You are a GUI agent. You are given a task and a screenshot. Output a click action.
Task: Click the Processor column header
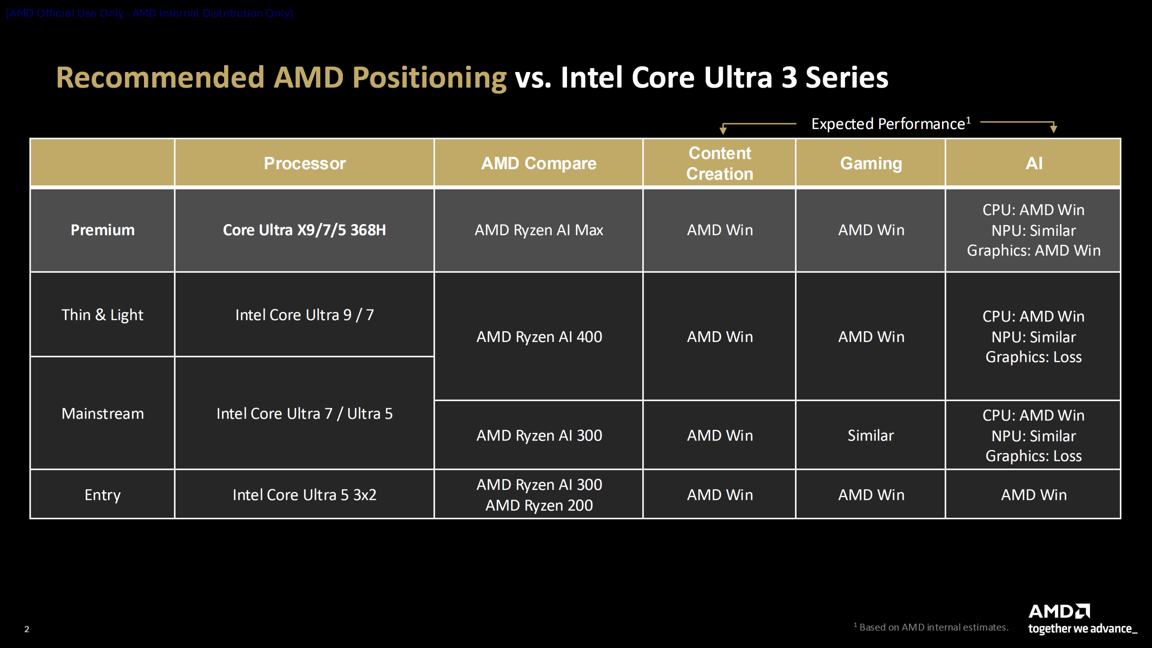tap(305, 163)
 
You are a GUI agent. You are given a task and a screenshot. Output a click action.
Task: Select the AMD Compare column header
tap(539, 163)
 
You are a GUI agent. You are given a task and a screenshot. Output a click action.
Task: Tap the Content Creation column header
tap(719, 163)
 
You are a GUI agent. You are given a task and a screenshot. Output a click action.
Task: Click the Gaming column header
tap(871, 163)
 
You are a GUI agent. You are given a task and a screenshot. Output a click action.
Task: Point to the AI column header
tap(1034, 163)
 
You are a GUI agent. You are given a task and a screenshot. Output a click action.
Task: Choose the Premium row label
tap(103, 230)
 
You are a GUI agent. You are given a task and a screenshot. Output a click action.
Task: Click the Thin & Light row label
tap(103, 315)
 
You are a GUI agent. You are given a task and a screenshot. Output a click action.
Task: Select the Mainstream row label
tap(103, 414)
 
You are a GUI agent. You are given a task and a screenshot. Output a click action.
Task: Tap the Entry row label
tap(103, 495)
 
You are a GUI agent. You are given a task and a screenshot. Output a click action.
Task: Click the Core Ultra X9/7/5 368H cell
tap(305, 230)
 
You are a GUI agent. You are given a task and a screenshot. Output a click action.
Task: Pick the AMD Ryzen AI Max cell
tap(539, 230)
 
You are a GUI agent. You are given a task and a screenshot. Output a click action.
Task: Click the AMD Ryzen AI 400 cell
tap(539, 337)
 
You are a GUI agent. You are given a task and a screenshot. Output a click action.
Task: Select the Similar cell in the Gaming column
tap(871, 435)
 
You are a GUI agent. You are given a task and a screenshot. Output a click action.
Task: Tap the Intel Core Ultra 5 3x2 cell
tap(305, 495)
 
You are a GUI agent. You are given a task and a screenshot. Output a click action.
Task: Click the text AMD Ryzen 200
tap(539, 505)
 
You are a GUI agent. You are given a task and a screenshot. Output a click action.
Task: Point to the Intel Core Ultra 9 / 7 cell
tap(305, 315)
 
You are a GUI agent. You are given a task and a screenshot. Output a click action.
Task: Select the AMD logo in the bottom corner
tap(1059, 612)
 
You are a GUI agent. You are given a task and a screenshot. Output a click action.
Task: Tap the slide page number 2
tap(27, 629)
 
